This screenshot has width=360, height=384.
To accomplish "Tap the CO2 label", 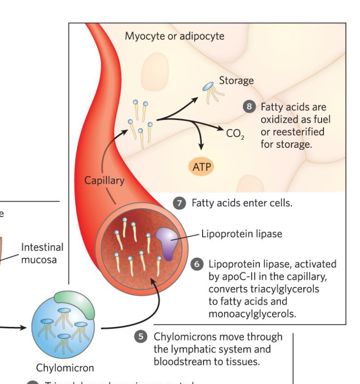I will tap(235, 133).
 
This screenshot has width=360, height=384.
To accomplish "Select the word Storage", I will tap(236, 81).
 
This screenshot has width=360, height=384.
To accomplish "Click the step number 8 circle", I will tap(249, 107).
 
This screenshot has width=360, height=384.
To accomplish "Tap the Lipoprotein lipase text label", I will tap(241, 234).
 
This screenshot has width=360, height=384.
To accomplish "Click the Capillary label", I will tap(104, 180).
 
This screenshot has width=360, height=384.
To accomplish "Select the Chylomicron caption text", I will tap(65, 368).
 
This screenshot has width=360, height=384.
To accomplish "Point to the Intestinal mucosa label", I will tap(42, 253).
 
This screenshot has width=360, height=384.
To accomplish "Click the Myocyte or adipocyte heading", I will tap(174, 36).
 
